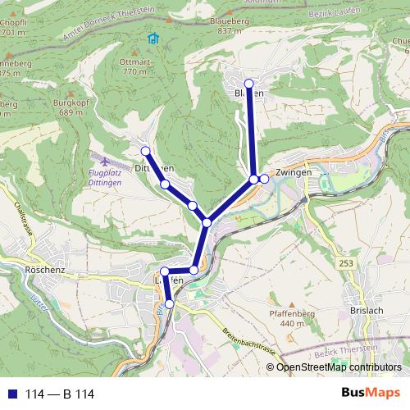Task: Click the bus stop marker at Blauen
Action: (x=248, y=83)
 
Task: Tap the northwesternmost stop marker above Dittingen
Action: (x=145, y=151)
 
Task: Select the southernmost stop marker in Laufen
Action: (x=170, y=303)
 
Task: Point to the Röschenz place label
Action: (x=45, y=269)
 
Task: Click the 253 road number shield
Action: (x=344, y=262)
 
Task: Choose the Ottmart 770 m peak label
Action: (x=134, y=66)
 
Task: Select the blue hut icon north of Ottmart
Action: (x=152, y=38)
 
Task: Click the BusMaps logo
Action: (x=372, y=393)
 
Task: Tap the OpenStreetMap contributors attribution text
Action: (x=339, y=367)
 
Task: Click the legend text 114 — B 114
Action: (x=60, y=394)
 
